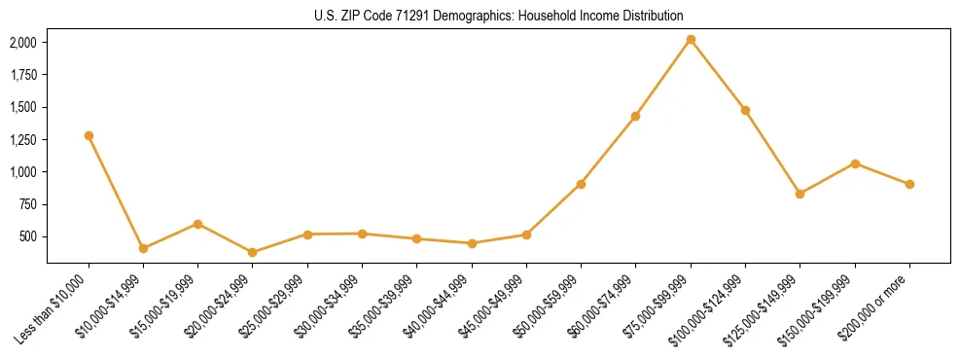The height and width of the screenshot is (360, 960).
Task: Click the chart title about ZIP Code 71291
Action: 498,16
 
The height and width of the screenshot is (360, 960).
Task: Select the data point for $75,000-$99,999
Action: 691,40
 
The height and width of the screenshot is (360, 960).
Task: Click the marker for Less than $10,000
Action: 89,135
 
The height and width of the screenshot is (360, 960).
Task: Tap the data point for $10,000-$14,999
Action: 143,248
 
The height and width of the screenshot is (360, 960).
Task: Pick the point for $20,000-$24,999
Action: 253,252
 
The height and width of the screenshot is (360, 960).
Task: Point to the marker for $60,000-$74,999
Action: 635,116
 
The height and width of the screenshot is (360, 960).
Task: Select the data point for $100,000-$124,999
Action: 745,110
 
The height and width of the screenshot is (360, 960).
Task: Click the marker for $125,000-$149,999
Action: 800,194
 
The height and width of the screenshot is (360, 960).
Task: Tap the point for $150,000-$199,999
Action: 855,163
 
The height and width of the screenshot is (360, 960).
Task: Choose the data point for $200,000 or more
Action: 909,184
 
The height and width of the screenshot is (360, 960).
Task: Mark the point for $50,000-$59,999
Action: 581,184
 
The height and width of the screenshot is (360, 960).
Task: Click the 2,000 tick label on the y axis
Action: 22,43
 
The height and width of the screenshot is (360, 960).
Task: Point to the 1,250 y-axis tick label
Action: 22,140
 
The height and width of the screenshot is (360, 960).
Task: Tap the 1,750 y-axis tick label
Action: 22,75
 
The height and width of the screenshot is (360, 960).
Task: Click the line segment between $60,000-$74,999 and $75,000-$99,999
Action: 663,78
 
